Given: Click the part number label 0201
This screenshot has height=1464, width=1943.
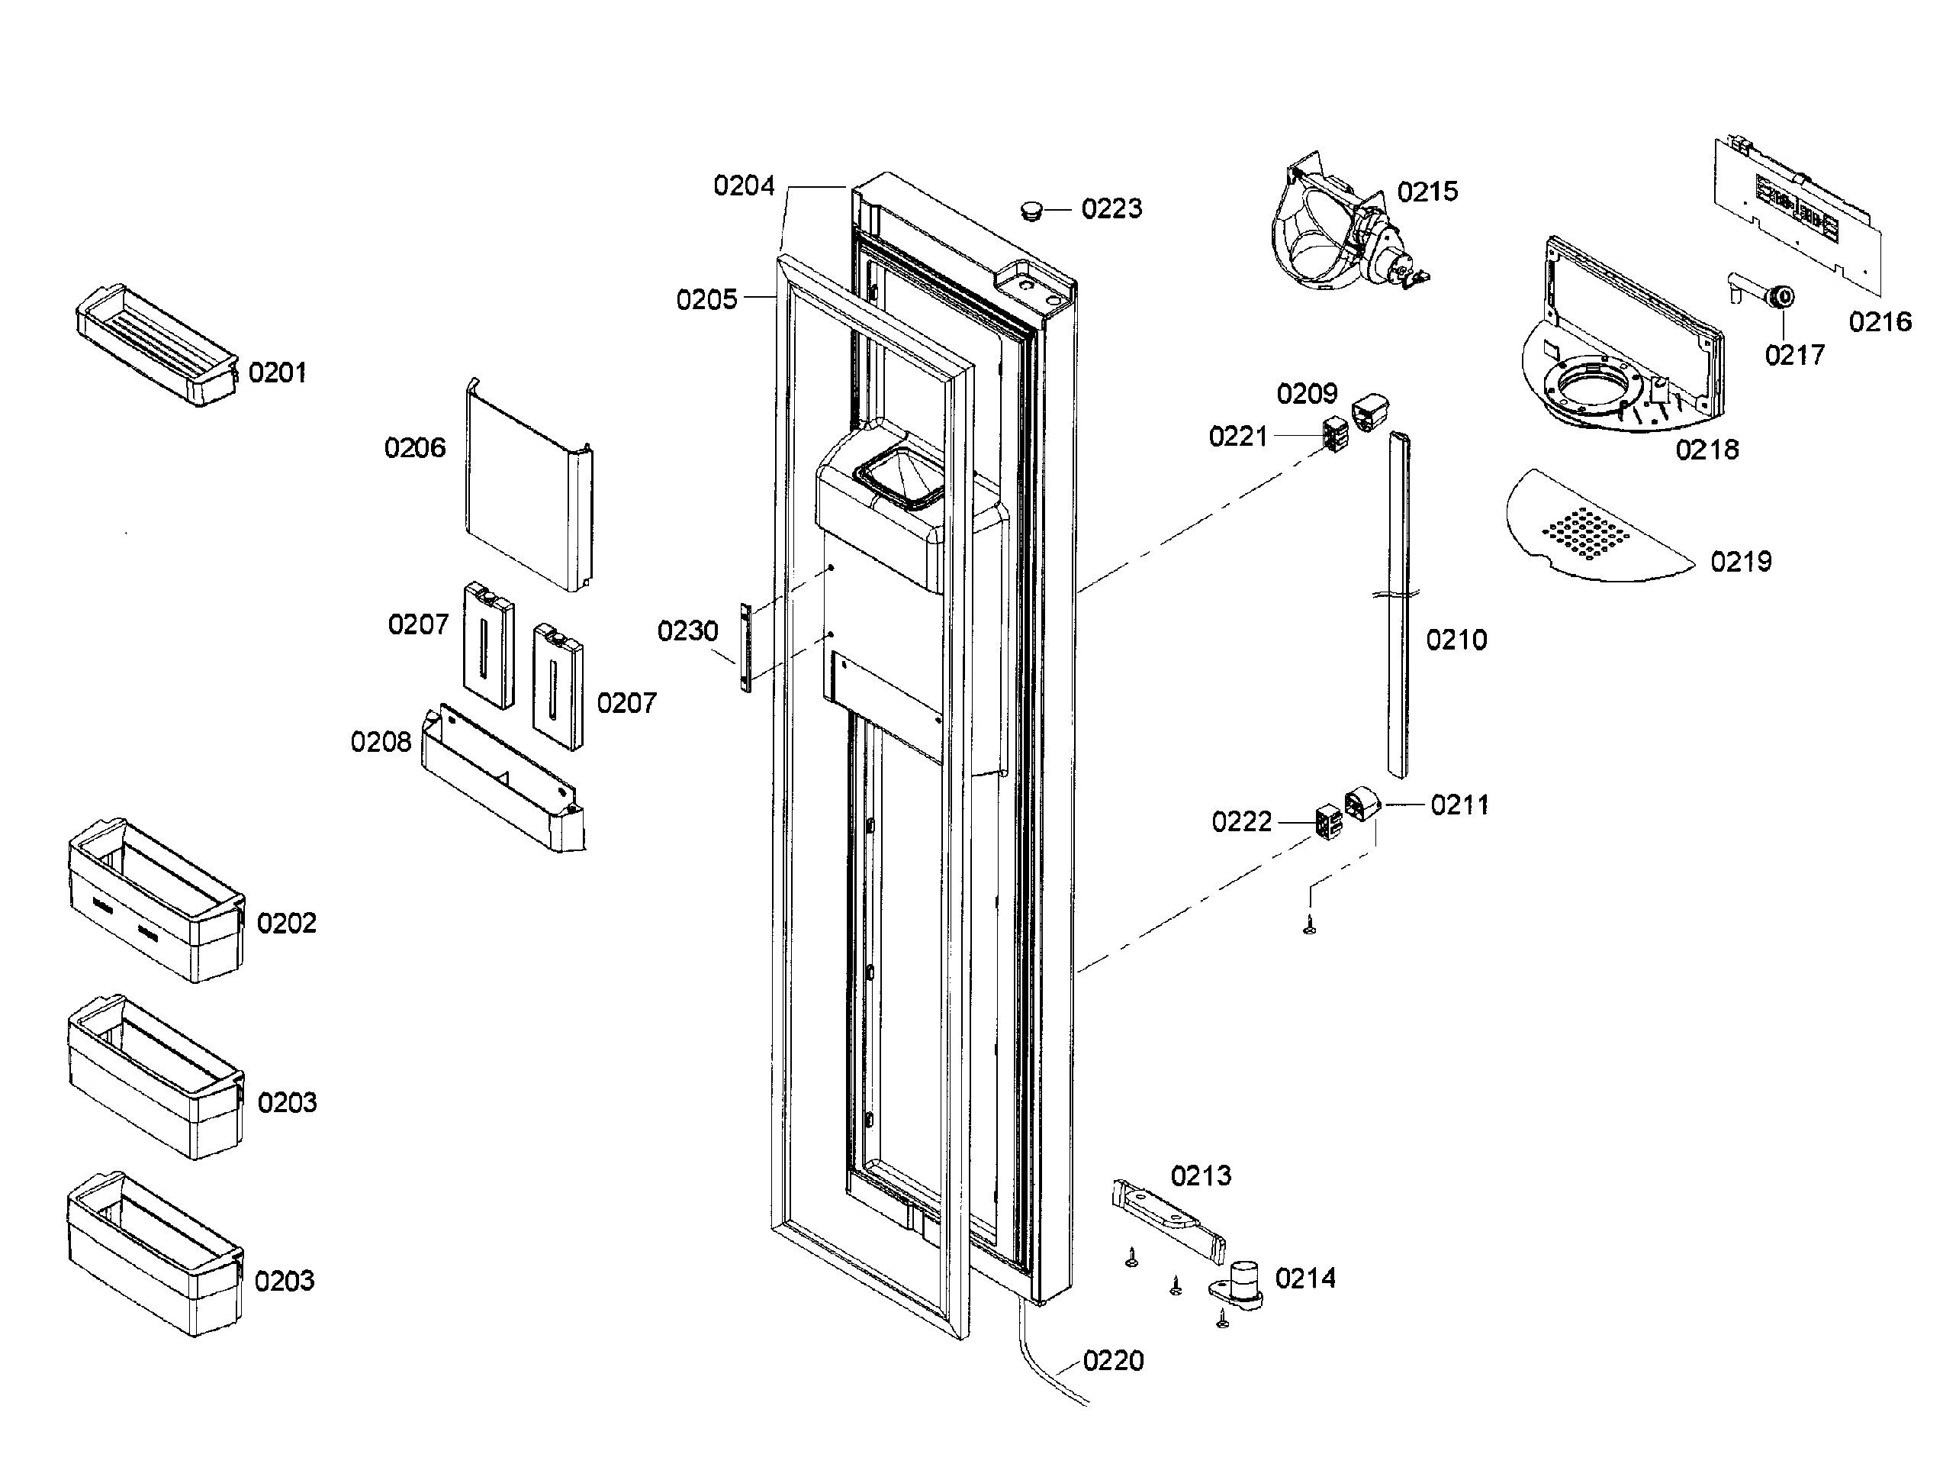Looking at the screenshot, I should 278,372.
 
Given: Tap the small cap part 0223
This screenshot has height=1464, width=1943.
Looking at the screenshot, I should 1031,211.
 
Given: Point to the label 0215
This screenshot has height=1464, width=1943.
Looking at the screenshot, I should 1427,192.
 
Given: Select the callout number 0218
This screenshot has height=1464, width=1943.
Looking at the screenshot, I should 1707,450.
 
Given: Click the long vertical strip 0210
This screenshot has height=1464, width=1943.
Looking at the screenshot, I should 1398,606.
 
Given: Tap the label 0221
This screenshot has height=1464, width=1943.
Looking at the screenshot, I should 1237,436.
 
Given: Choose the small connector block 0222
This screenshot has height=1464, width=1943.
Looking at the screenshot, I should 1327,821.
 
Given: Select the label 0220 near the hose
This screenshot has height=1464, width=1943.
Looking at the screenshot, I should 1113,1361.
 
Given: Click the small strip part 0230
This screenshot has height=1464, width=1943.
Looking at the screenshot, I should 746,647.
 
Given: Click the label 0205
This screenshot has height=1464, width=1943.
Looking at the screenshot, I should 706,300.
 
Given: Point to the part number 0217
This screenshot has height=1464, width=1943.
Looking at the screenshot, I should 1794,355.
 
